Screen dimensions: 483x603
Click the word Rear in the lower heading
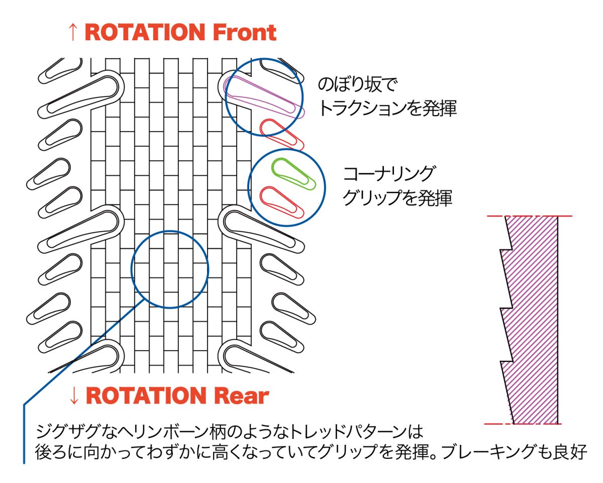pos(242,396)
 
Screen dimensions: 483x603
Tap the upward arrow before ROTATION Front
pos(73,33)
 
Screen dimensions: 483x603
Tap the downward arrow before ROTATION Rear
pos(73,396)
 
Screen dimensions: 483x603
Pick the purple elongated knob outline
pos(264,98)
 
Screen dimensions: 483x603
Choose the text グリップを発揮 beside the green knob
pos(397,198)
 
